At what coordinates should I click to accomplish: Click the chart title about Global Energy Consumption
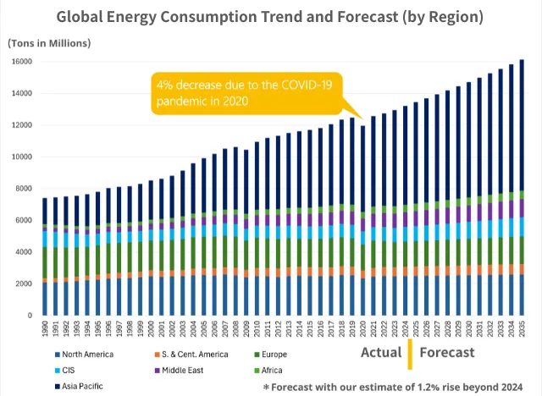[271, 16]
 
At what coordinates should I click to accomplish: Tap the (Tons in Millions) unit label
[49, 43]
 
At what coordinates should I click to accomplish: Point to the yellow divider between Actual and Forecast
[409, 352]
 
